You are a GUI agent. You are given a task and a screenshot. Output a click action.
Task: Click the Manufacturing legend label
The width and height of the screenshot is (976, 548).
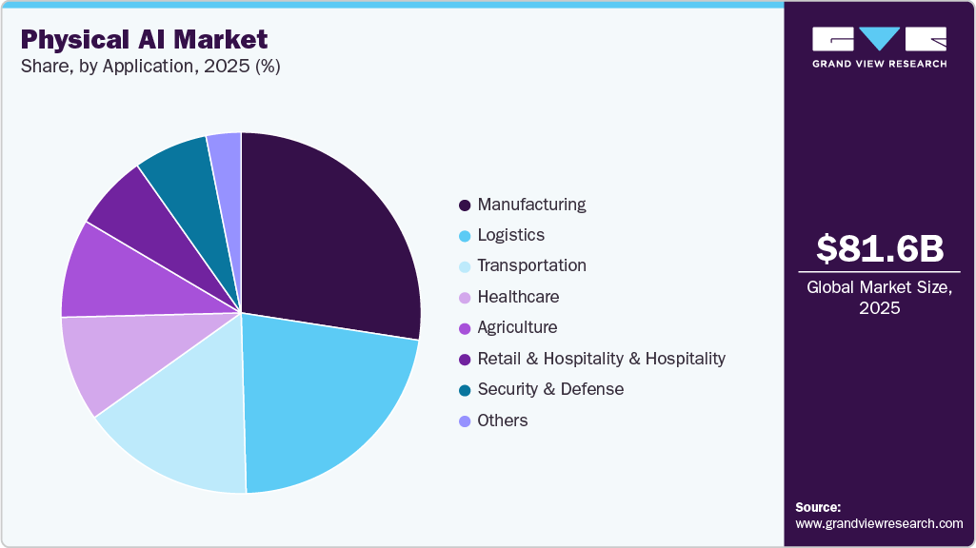coord(531,205)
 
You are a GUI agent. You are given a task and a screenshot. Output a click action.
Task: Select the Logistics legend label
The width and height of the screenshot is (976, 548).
coord(510,235)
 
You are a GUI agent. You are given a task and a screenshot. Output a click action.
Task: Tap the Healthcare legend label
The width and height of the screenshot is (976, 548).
coord(518,297)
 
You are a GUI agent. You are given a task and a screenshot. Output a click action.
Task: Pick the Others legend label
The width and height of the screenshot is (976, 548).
coord(502,421)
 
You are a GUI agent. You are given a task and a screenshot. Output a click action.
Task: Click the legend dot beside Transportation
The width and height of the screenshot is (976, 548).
coord(464,266)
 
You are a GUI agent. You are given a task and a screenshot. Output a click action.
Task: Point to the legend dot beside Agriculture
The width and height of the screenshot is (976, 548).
coord(464,328)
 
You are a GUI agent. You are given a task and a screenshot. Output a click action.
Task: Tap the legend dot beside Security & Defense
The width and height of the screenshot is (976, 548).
coord(464,390)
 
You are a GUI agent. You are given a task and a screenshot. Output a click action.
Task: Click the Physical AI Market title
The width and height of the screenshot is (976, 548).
coord(144,39)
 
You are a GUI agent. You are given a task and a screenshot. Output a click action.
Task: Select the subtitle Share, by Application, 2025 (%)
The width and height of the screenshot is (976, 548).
coord(149,67)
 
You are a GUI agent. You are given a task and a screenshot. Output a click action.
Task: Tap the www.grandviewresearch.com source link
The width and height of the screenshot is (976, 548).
coord(879,523)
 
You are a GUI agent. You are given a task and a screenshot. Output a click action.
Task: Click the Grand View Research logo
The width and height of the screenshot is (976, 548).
coord(879,47)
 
